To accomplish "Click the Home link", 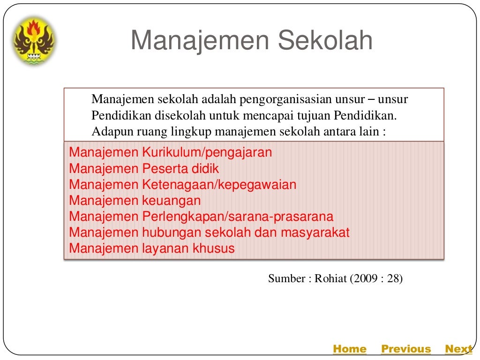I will tap(349, 349).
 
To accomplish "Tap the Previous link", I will tap(405, 349).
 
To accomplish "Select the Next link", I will tap(458, 349).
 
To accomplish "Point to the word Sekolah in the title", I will tap(325, 41).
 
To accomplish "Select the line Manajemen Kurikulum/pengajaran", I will tap(170, 152).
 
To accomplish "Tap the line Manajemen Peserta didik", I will tap(144, 168).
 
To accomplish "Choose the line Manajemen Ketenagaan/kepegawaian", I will tap(182, 185).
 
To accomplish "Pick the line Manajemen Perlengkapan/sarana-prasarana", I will tap(201, 217).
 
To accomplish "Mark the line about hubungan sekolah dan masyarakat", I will tap(209, 232).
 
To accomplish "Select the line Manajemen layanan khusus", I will tap(151, 248).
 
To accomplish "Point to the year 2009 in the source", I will tap(363, 278).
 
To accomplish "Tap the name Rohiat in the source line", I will tap(330, 278).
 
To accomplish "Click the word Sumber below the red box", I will tap(286, 278).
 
